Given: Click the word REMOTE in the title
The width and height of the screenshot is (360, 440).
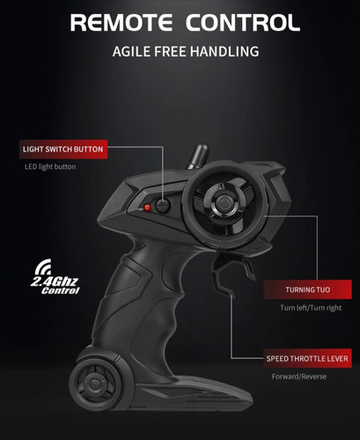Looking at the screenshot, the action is click(121, 23).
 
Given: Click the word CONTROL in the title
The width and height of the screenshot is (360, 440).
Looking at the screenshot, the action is click(243, 23).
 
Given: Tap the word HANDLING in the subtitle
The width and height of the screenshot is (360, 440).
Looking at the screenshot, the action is click(224, 51).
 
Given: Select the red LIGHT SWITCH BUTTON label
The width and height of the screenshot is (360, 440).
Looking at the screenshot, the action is click(63, 150).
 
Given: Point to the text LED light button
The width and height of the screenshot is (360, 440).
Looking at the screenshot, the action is click(50, 166).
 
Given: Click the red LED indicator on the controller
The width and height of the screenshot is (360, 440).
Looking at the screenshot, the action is click(147, 208).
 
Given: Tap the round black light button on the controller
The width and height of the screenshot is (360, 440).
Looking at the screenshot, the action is click(163, 205).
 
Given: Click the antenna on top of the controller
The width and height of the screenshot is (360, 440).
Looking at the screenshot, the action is click(198, 157).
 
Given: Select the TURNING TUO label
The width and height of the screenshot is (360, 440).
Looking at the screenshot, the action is click(307, 290).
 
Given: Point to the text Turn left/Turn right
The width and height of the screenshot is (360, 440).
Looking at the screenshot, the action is click(311, 308).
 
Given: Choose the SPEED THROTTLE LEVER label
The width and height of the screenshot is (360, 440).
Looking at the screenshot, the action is click(307, 358).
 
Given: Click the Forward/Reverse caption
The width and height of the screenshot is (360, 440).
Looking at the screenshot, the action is click(299, 377).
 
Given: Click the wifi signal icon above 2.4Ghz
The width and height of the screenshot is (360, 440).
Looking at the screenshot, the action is click(42, 267).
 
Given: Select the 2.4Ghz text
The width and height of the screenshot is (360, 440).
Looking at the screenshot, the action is click(55, 282).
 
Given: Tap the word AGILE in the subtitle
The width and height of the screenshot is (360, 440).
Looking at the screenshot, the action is click(131, 51).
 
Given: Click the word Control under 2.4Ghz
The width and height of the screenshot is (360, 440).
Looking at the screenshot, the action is click(60, 290).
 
